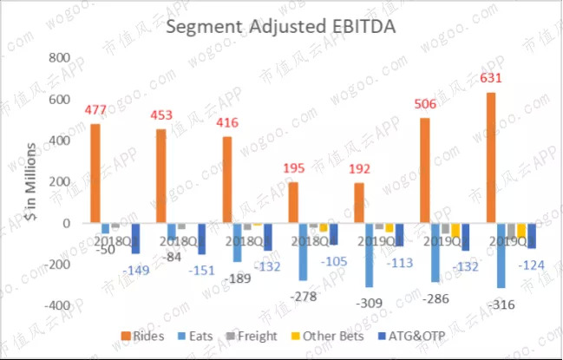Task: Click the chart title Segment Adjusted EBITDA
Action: pyautogui.click(x=280, y=27)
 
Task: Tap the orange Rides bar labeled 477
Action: pyautogui.click(x=95, y=173)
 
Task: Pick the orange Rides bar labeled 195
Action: pyautogui.click(x=293, y=202)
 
